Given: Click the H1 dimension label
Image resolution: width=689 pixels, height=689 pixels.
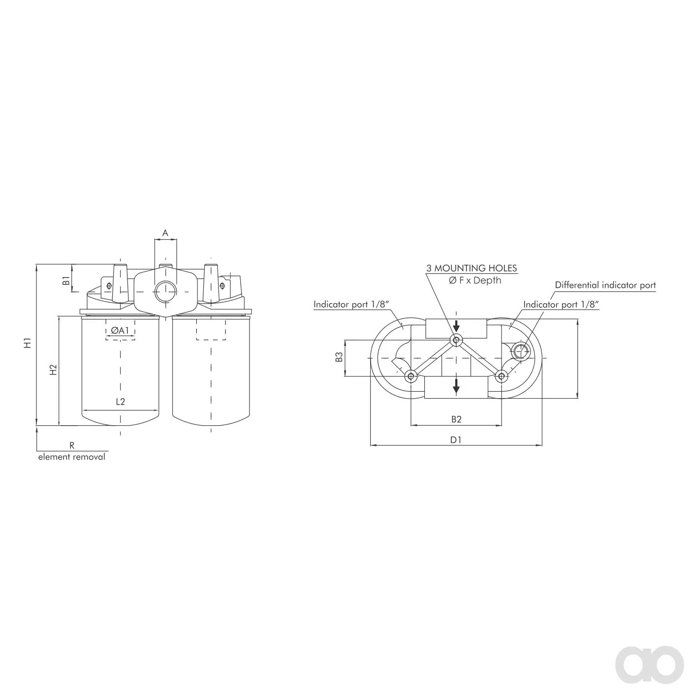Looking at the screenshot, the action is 28,343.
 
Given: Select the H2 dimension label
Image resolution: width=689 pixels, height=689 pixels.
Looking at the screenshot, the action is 53,370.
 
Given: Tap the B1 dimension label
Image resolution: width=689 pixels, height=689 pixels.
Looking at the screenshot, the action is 66,281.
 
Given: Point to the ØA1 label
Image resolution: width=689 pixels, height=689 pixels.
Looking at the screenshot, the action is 120,331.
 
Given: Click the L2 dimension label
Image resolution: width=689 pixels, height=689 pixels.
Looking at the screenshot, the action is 121,402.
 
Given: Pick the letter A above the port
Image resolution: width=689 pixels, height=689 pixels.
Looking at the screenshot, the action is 165,233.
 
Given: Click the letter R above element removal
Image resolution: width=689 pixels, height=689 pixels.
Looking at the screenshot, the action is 72,445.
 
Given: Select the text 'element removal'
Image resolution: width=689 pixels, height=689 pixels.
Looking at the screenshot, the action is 72,457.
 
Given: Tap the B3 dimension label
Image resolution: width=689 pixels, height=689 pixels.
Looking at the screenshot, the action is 339,357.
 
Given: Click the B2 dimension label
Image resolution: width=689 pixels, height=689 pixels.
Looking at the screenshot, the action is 456,419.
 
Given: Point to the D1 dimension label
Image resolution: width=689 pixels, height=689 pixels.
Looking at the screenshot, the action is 456,440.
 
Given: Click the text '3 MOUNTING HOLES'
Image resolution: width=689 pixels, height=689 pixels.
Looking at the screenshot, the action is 471,268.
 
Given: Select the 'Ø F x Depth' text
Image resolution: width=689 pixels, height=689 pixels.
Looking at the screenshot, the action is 475,281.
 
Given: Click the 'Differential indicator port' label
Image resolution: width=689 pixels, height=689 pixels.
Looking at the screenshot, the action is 605,285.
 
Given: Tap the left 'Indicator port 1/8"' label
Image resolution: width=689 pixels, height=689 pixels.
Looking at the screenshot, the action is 351,304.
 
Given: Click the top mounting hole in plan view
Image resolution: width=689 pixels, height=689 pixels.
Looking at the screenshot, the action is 456,340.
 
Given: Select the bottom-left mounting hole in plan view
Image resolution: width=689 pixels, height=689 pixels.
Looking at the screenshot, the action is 411,376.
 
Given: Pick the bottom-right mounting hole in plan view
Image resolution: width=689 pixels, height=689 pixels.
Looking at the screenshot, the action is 501,376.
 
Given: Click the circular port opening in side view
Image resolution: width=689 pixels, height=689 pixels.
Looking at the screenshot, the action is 165,292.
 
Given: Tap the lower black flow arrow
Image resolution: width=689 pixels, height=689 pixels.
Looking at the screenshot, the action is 456,386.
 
